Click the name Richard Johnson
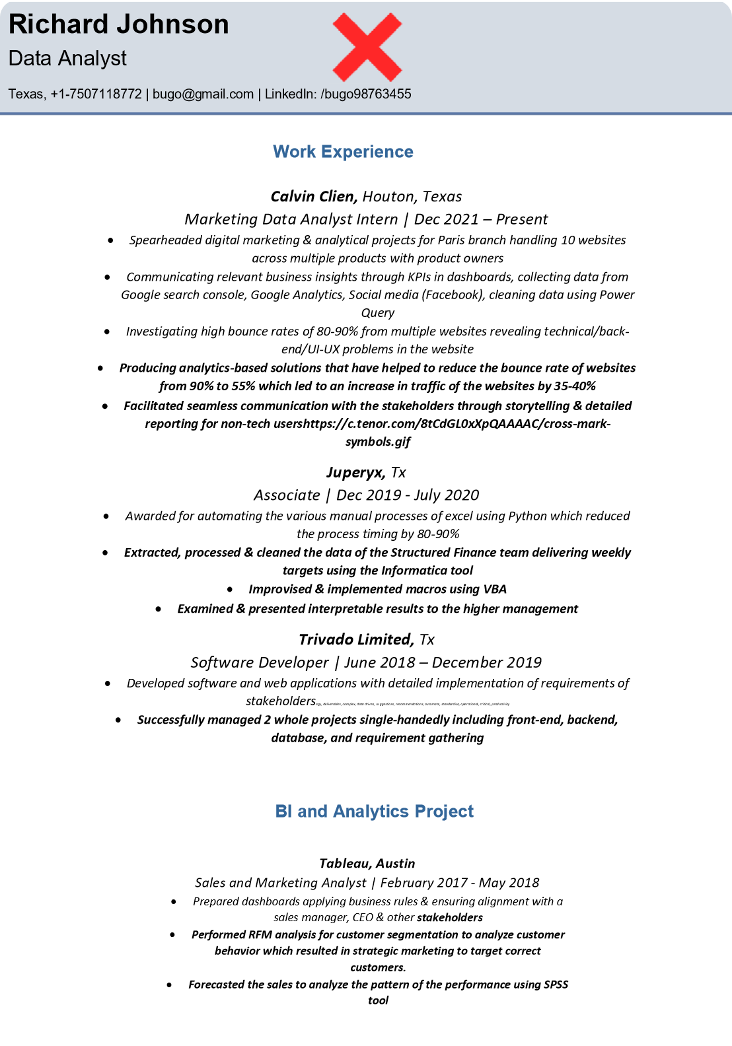[119, 24]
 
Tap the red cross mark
[367, 47]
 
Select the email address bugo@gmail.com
[203, 94]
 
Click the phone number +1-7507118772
[96, 94]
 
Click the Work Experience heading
[343, 152]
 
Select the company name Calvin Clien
[314, 197]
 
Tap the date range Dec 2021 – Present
[481, 219]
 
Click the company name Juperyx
[355, 473]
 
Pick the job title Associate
[287, 495]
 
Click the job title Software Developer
[260, 662]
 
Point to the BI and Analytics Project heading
[374, 812]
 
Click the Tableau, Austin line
[367, 864]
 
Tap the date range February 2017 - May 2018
[460, 883]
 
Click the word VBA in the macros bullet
[494, 589]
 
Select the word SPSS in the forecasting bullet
[556, 985]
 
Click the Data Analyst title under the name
[67, 59]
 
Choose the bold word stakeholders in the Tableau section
[449, 918]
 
